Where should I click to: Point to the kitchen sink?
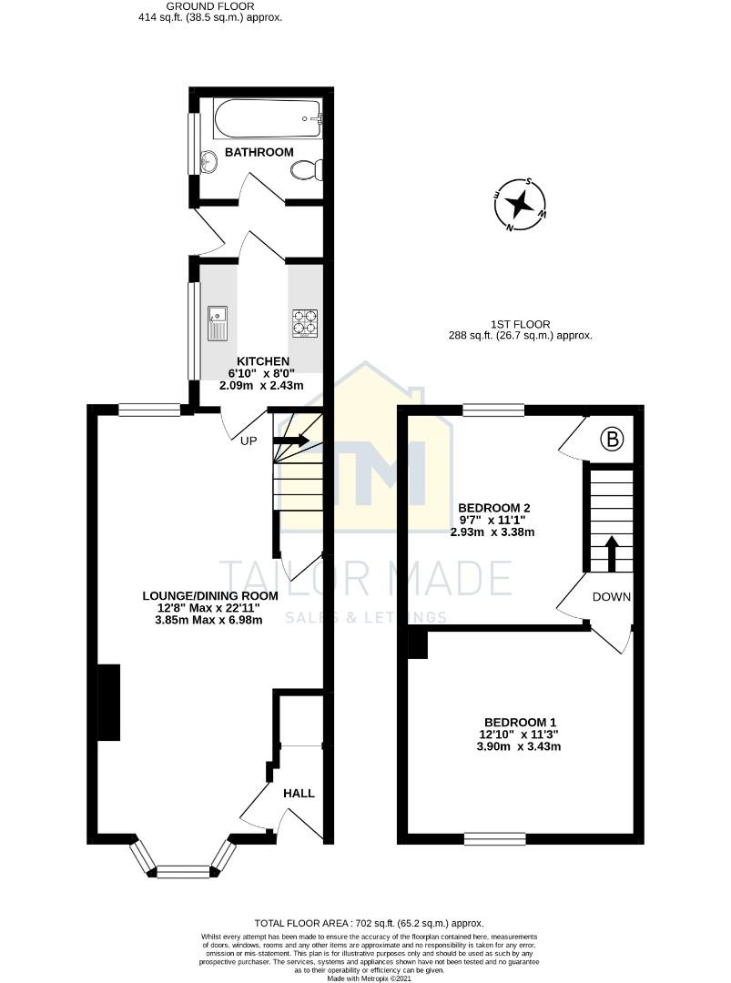click(x=218, y=323)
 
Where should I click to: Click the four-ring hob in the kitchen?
click(x=305, y=322)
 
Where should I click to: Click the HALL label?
click(x=299, y=794)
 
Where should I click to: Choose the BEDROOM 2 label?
click(x=494, y=508)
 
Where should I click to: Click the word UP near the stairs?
click(x=249, y=441)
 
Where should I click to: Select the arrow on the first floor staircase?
click(x=610, y=552)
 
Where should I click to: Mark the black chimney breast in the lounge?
click(x=108, y=702)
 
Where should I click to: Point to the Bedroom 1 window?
click(x=495, y=838)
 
